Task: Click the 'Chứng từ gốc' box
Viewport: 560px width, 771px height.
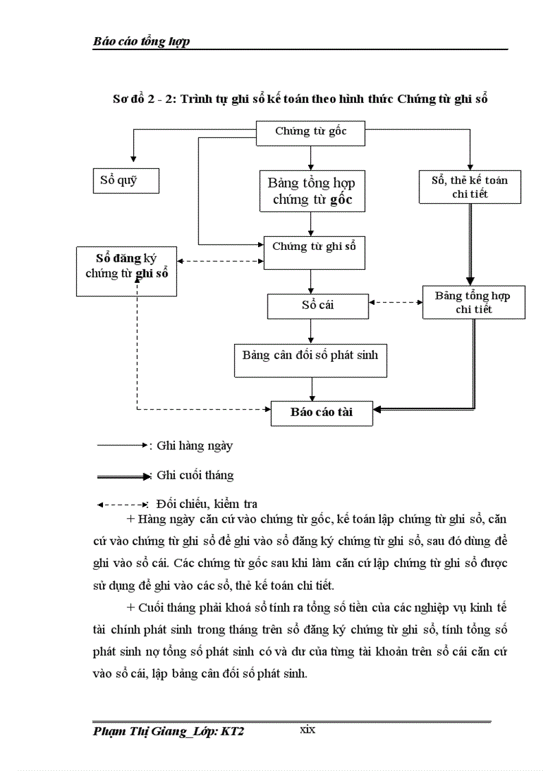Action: click(311, 133)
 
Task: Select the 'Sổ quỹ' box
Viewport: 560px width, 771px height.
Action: click(125, 181)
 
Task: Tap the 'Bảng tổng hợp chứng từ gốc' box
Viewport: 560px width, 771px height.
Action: click(311, 192)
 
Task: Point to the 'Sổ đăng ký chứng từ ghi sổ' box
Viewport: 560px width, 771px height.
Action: click(126, 271)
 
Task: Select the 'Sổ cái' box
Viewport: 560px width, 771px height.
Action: click(317, 306)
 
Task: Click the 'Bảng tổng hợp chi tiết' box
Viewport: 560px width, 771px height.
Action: click(473, 302)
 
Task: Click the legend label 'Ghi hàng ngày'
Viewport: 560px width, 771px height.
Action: click(195, 446)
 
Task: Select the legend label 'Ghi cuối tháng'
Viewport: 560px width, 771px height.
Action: click(195, 475)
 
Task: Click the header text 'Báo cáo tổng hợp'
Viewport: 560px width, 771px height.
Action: click(141, 42)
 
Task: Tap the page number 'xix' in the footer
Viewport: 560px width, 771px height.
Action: click(307, 730)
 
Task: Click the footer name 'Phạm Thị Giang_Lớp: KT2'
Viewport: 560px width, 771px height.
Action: click(168, 733)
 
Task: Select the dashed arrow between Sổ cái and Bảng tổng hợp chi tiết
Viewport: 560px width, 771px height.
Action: click(395, 302)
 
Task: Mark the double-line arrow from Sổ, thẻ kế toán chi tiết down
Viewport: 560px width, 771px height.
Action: click(469, 244)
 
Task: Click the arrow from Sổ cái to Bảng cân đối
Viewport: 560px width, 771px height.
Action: click(312, 330)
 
